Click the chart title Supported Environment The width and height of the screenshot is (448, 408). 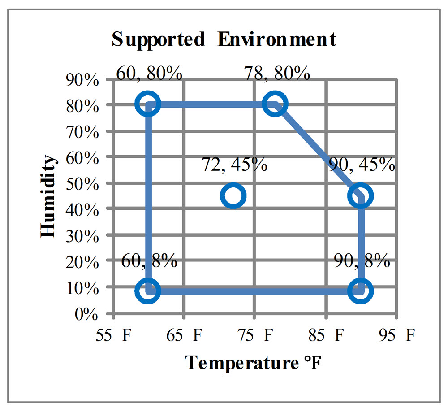click(x=224, y=39)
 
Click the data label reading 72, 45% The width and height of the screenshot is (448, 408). click(x=234, y=165)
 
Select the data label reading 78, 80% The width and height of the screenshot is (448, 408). click(x=277, y=72)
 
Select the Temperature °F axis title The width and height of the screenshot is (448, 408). click(x=253, y=362)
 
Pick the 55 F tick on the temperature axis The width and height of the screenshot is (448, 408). click(x=116, y=335)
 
